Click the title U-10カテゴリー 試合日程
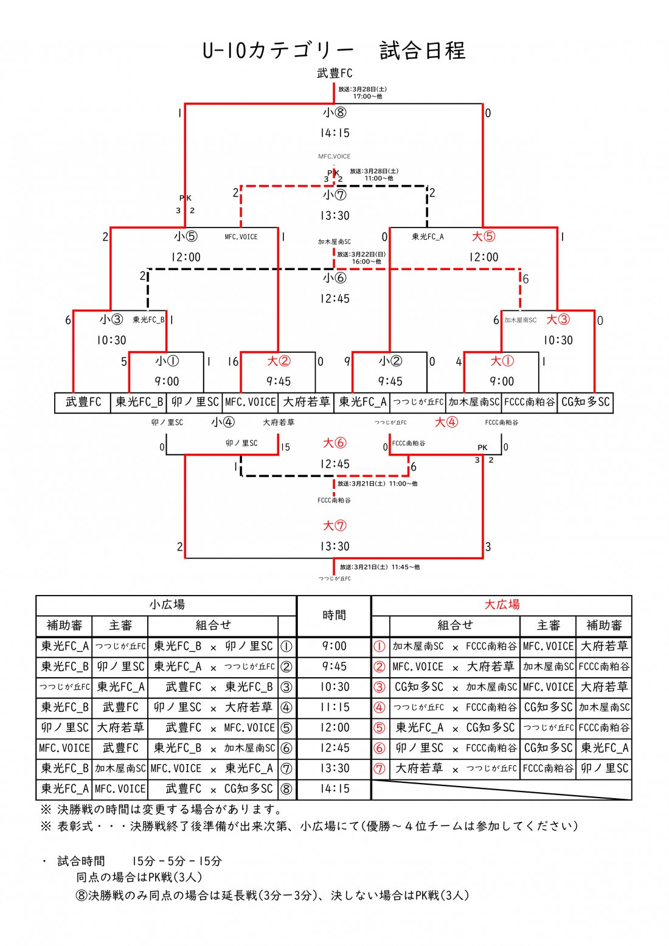(x=334, y=50)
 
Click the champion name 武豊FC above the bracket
(x=334, y=74)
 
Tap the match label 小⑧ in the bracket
(x=334, y=113)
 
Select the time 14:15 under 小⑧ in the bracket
(x=334, y=133)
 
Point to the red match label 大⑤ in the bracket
(x=484, y=236)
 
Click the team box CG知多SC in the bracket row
(x=585, y=402)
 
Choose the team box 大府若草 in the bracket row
(x=306, y=402)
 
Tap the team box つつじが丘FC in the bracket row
(x=418, y=402)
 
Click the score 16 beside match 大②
(x=233, y=362)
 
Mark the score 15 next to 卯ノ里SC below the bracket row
(x=285, y=447)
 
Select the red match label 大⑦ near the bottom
(x=334, y=526)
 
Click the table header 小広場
(x=167, y=605)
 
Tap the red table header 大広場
(x=502, y=605)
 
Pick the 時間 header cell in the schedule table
(x=334, y=615)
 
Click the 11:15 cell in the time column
(x=334, y=707)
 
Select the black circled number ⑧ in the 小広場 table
(x=286, y=789)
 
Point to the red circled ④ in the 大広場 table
(x=380, y=708)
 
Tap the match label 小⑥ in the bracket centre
(x=334, y=278)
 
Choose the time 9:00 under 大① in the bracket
(x=502, y=381)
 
